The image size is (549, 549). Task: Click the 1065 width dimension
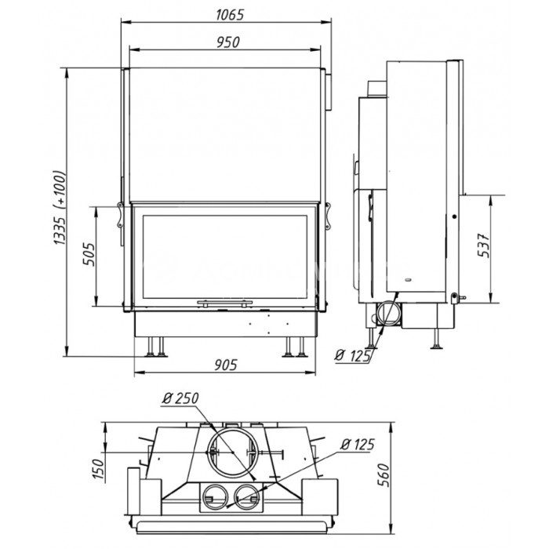[229, 15]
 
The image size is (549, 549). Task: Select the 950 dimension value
[228, 42]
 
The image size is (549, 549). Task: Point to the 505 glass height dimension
[89, 254]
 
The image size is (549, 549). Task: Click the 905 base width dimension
[226, 365]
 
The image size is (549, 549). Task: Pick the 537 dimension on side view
[484, 245]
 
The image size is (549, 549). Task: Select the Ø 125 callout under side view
[352, 356]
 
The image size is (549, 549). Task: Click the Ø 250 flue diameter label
[180, 398]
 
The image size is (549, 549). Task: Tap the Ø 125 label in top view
[358, 445]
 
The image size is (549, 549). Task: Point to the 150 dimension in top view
[99, 468]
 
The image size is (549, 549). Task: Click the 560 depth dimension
[384, 474]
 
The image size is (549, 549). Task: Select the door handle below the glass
[225, 303]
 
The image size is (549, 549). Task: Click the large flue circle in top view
[233, 427]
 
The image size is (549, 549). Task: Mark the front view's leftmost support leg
[151, 347]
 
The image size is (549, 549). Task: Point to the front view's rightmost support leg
[301, 347]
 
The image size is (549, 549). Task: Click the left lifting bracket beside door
[120, 215]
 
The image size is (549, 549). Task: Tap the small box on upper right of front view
[329, 92]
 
